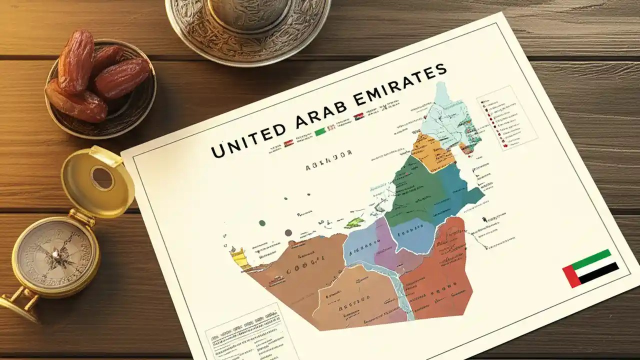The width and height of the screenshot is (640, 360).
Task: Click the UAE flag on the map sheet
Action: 590,268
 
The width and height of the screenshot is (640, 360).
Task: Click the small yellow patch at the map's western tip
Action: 239,258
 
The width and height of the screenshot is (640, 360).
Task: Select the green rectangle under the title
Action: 320,131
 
